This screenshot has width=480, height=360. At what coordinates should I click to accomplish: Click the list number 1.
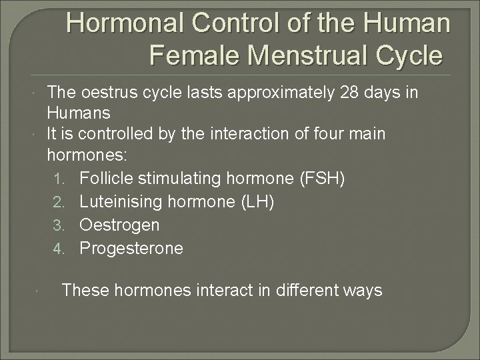coord(59,180)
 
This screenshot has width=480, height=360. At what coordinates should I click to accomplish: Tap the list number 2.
coord(59,203)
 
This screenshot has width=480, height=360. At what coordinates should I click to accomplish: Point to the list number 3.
coord(59,225)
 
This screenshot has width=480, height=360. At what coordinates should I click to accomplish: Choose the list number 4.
coord(59,249)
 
